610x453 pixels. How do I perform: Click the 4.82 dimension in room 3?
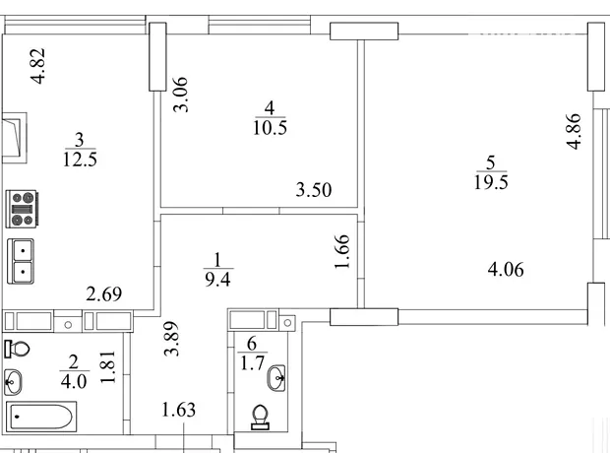pos(39,66)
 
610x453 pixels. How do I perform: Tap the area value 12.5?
pos(80,160)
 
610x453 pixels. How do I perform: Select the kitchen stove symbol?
pos(22,209)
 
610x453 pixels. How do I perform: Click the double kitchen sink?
pos(21,261)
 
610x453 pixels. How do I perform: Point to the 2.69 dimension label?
pos(104,293)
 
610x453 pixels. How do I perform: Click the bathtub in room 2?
pos(41,417)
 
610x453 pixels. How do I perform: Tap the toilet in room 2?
pos(17,349)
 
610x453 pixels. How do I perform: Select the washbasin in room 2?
pos(13,382)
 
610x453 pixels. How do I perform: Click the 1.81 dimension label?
pos(108,367)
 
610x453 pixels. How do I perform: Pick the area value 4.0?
pos(74,381)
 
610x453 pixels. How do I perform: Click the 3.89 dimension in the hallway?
pos(171,339)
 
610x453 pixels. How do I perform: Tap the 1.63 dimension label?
pos(178,410)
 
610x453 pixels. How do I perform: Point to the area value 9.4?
pos(217,280)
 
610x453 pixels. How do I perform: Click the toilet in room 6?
pos(261,418)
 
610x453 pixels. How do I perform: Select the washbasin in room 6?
pos(276,378)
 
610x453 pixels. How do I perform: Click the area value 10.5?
pos(270,127)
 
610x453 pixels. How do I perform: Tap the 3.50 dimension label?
pos(314,190)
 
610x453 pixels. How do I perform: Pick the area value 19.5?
pos(491,182)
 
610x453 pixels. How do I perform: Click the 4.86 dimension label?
pos(574,131)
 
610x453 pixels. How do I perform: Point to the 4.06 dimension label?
pos(506,270)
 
